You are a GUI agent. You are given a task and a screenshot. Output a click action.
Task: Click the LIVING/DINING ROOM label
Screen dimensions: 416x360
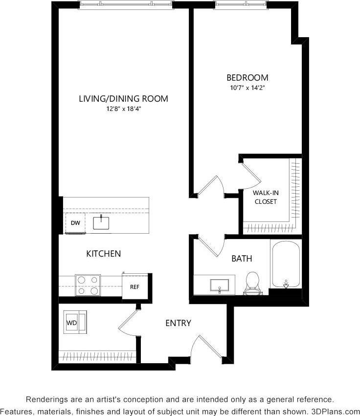(x=123, y=99)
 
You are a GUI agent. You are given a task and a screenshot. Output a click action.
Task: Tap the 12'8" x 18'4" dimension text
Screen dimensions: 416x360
(x=123, y=109)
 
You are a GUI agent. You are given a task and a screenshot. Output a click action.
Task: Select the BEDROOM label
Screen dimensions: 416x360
(x=247, y=78)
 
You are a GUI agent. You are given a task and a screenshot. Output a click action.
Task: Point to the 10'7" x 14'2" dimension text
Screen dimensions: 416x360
(x=247, y=88)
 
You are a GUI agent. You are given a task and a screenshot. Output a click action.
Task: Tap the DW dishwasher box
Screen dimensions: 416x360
(x=75, y=223)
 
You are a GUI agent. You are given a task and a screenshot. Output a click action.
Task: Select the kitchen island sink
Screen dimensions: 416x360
(x=102, y=222)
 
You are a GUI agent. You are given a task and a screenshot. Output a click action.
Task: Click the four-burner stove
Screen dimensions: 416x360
(x=88, y=285)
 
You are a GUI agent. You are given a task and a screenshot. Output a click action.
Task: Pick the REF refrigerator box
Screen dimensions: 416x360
(x=135, y=286)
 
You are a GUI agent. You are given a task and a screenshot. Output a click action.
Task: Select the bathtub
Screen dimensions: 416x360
(x=286, y=264)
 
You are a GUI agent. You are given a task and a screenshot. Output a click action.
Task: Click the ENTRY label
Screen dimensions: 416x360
(x=178, y=323)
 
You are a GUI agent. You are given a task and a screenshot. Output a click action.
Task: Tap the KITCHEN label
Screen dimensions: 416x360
(x=103, y=254)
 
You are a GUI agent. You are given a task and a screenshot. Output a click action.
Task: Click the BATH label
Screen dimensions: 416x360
(x=242, y=259)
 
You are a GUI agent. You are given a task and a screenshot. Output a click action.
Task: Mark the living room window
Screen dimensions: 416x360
(x=126, y=4)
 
